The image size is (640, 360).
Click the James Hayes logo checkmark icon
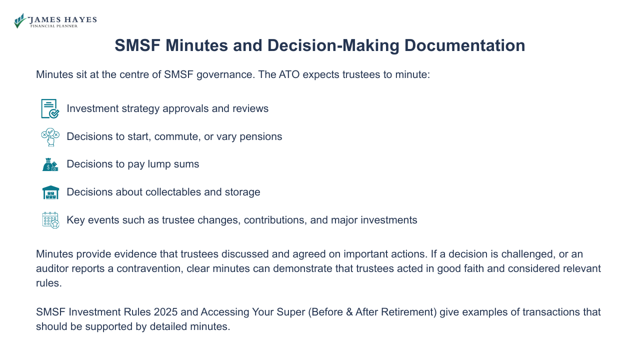(x=20, y=20)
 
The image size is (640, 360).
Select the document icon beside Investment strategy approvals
(x=50, y=108)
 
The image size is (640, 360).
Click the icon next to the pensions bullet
(x=50, y=136)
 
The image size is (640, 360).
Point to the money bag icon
(x=50, y=164)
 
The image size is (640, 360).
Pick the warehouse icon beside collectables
(x=50, y=192)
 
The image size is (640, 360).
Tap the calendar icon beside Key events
(x=50, y=220)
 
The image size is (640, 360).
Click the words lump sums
(x=175, y=164)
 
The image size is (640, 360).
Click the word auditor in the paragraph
(x=51, y=268)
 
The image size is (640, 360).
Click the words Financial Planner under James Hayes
(x=54, y=26)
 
